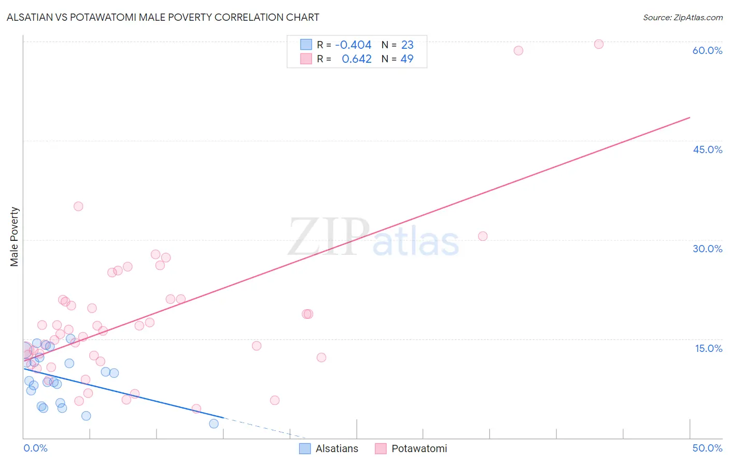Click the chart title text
(x=163, y=17)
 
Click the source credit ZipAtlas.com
(x=682, y=17)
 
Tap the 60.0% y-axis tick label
(x=707, y=50)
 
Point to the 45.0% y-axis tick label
(x=707, y=149)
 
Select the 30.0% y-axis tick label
(x=707, y=249)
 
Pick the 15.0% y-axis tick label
(x=708, y=348)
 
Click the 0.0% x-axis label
(x=35, y=448)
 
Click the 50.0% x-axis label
(x=707, y=448)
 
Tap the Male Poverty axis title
(x=15, y=237)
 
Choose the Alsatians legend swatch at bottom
(x=305, y=448)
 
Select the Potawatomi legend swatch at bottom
(x=381, y=448)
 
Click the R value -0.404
(x=353, y=45)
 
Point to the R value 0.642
(x=357, y=59)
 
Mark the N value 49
(x=407, y=59)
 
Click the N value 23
(x=407, y=45)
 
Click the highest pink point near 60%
(x=598, y=44)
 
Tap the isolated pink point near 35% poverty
(x=78, y=206)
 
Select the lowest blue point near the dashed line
(x=214, y=424)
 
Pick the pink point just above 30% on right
(x=483, y=236)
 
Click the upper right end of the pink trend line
(x=690, y=118)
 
